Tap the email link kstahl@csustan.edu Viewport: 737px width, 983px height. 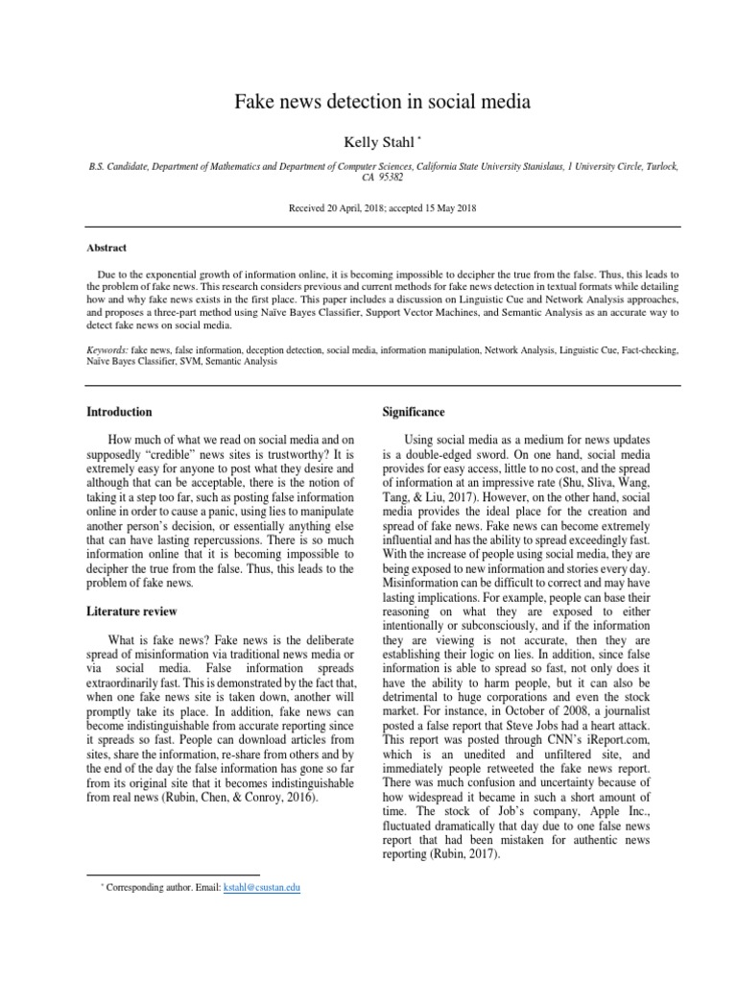tap(262, 888)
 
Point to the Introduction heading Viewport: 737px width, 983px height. tap(120, 412)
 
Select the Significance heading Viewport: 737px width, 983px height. tap(413, 412)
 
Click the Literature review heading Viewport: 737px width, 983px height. tap(131, 611)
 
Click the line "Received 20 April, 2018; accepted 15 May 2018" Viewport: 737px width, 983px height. tap(368, 208)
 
